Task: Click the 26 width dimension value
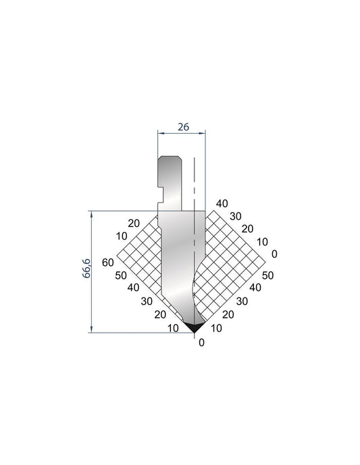(183, 127)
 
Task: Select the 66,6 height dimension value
(86, 268)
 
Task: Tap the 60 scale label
(108, 263)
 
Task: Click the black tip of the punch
(194, 327)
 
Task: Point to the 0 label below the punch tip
(201, 343)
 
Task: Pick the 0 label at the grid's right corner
(274, 254)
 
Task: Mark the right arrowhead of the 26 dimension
(202, 133)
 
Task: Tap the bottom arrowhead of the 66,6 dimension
(91, 329)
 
